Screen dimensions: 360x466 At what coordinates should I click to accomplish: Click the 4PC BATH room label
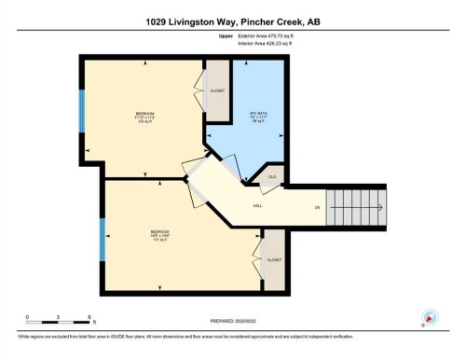click(x=258, y=117)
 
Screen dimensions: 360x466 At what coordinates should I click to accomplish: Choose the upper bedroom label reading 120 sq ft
click(x=144, y=119)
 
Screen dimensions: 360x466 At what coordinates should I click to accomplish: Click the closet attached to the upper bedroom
click(x=216, y=91)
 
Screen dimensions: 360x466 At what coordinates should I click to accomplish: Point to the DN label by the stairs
click(x=317, y=207)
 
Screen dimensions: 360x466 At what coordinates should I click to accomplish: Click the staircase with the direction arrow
click(x=355, y=207)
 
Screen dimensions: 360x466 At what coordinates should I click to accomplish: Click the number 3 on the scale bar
click(x=59, y=317)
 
